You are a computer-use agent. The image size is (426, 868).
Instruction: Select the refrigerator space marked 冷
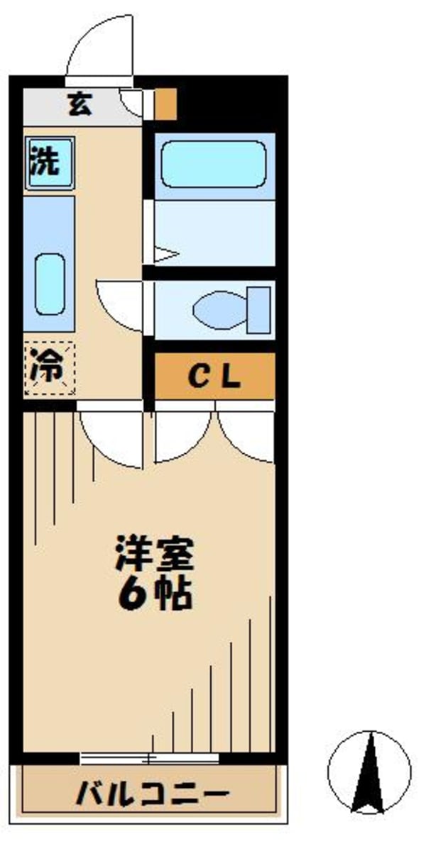49,368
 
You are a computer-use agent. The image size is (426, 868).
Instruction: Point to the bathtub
213,164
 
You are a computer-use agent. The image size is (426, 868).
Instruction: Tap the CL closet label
214,377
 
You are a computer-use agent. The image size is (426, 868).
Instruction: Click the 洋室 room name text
155,556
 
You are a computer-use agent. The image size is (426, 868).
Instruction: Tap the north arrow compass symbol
369,773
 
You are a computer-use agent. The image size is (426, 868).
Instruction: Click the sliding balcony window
149,757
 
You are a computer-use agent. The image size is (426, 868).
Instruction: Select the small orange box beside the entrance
165,104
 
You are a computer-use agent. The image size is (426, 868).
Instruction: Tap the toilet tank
261,310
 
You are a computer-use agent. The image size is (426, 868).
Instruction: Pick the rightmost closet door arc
247,433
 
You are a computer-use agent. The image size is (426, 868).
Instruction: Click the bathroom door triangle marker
165,254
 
